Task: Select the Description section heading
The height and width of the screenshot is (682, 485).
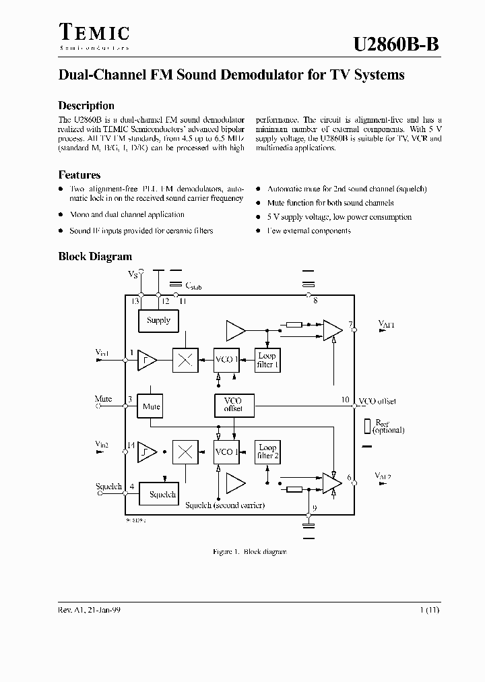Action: (86, 106)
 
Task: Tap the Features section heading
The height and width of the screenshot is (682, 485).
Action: (79, 175)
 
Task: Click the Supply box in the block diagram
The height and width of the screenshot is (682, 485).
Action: (158, 321)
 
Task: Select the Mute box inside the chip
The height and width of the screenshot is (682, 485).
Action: (152, 406)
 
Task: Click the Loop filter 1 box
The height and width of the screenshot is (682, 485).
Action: (267, 360)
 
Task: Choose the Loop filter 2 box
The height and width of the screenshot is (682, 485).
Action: (267, 452)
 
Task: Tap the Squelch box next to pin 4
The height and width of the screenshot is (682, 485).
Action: (162, 494)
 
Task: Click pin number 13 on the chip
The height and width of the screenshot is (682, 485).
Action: (135, 301)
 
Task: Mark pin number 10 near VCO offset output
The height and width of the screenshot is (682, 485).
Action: (344, 400)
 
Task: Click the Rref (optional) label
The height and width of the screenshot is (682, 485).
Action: (387, 427)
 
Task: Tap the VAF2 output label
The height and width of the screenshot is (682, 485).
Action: (383, 476)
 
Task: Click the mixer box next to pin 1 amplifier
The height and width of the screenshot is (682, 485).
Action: (185, 360)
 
